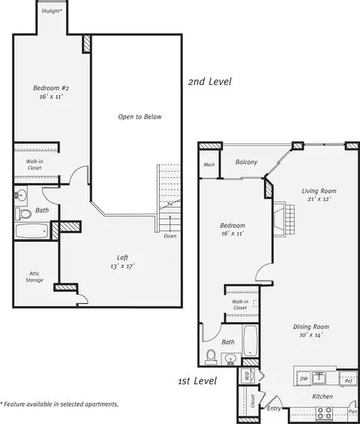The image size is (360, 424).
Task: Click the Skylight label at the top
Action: point(52,11)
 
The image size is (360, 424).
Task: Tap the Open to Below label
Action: point(140,117)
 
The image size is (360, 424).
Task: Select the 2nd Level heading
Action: point(210,82)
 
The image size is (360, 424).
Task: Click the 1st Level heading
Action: point(197,381)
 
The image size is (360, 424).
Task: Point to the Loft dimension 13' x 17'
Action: point(122,266)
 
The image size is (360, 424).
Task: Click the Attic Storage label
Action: point(34,277)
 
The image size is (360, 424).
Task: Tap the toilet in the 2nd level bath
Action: point(23,214)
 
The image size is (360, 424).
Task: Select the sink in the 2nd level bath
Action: point(20,194)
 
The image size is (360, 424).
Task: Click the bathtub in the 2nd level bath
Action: point(32,230)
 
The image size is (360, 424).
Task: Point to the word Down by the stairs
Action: point(170,236)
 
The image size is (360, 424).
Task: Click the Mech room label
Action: point(209,164)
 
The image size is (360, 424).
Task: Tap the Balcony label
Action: point(246,162)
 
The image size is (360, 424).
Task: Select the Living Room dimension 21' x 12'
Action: point(319,200)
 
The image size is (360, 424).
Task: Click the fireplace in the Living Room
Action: point(283,219)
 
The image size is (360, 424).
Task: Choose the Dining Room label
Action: point(311,326)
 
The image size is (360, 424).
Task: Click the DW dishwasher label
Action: point(304,378)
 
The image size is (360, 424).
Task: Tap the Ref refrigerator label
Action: point(349,380)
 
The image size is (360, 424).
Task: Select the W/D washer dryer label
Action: point(247,376)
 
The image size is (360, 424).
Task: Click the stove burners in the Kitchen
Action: point(325,413)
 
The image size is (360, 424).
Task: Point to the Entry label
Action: point(274,408)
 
